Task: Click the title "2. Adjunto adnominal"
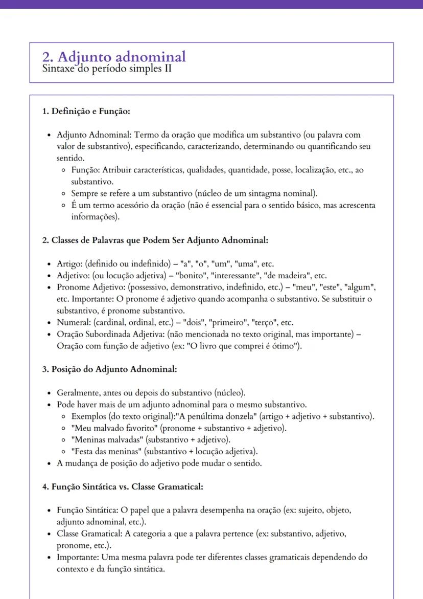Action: tap(114, 56)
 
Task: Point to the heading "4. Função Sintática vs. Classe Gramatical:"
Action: tap(123, 486)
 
